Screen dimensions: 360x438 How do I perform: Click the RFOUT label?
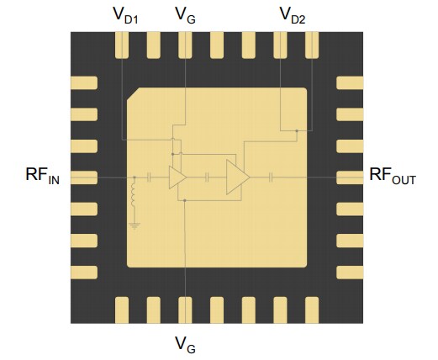393,177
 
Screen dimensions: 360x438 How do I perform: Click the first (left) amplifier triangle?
177,177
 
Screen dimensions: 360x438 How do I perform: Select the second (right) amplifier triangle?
236,177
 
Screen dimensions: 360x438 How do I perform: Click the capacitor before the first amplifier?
149,177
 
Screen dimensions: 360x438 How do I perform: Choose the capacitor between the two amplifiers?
207,177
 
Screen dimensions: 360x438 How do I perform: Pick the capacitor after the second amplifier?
272,177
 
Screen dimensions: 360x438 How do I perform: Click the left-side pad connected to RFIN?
84,177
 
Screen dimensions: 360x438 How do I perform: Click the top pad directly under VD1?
122,45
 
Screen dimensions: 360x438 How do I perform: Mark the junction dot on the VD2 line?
297,130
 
